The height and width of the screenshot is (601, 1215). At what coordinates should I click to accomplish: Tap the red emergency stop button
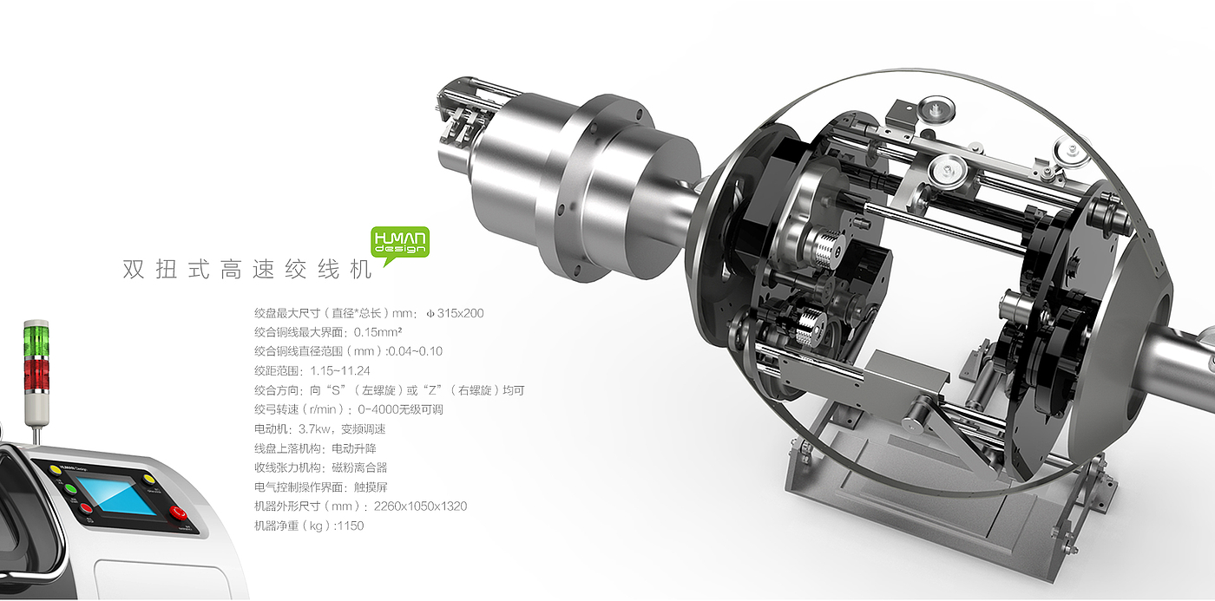177,513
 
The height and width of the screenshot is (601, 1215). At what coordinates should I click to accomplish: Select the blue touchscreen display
115,496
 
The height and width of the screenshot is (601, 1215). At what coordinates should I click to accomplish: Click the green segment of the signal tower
36,339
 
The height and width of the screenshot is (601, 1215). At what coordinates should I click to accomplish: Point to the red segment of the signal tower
36,374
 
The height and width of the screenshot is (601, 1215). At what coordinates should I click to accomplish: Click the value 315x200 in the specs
460,313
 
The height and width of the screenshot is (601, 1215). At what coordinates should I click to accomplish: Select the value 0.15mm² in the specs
378,332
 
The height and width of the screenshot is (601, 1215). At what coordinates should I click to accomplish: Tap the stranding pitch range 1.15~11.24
340,370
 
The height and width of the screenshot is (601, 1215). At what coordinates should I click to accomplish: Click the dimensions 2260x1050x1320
420,506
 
